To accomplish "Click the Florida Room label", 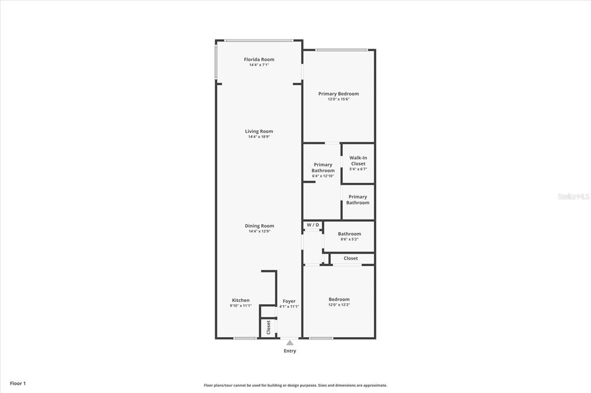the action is point(259,59).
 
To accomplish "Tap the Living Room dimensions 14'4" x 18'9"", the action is point(259,137).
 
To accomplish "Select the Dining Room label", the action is point(259,226).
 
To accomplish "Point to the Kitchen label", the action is point(241,300).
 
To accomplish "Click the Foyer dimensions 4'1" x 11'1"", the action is point(289,307).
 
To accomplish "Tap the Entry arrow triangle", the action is point(290,342).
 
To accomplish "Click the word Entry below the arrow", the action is point(290,351).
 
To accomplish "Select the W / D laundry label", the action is point(313,225).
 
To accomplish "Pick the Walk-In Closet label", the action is point(358,161).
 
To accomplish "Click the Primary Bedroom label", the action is point(338,94).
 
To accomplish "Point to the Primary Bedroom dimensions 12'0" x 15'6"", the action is point(338,99).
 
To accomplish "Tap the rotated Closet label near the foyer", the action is point(268,327).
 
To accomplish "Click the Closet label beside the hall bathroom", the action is point(350,258).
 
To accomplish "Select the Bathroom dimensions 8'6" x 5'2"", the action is point(349,239).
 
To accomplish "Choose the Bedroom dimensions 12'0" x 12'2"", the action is point(339,304).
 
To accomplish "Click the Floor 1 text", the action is point(18,384).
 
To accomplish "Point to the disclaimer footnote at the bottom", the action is point(295,386).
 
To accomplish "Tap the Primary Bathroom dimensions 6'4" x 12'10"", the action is point(323,176).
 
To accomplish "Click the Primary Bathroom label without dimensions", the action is point(358,199).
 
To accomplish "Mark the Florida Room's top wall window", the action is point(259,41).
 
